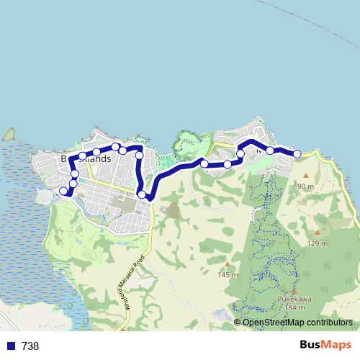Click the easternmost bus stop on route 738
tap(297, 153)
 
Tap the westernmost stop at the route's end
tap(63, 191)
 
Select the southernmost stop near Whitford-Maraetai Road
tap(142, 194)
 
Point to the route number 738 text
tap(30, 346)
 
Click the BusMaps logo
tap(326, 346)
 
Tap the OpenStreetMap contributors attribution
tap(297, 322)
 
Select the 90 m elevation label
tap(305, 186)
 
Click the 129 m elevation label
tap(318, 243)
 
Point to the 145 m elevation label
tap(228, 274)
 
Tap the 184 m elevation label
tap(295, 308)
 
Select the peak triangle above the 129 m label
tap(318, 233)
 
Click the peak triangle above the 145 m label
tap(228, 264)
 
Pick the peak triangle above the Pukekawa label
tap(294, 292)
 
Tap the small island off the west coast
tap(9, 135)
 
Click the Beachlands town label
tap(86, 158)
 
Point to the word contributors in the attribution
tap(328, 322)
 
